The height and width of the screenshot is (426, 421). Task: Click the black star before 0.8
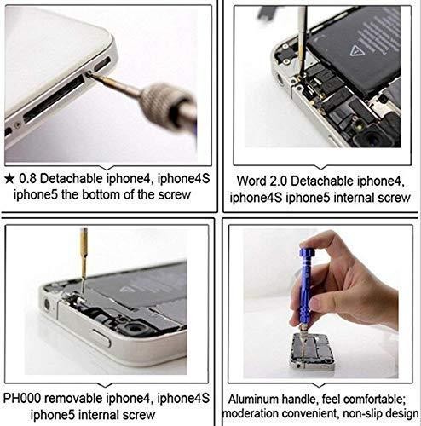9,179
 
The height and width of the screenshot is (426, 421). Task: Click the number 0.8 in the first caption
27,179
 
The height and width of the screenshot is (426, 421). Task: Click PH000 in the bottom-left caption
22,398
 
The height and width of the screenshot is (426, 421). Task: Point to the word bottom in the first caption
102,195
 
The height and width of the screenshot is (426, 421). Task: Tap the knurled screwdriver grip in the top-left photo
163,104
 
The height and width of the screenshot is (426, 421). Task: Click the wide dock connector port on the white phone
54,99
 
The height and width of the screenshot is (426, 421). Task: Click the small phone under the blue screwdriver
311,352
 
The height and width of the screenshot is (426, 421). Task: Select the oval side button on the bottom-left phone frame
99,338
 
